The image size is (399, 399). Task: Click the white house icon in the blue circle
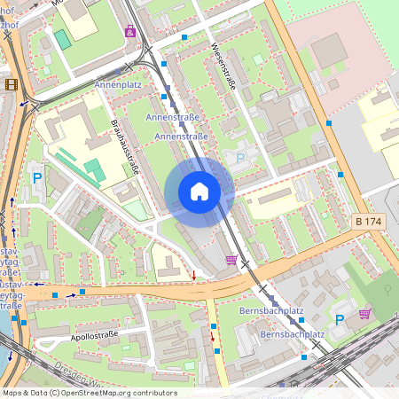[x=199, y=192]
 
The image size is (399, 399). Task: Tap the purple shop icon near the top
[x=131, y=31]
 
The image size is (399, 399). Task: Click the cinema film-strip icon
[x=11, y=85]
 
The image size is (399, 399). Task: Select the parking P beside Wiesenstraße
[x=240, y=158]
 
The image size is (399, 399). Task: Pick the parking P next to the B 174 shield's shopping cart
[x=339, y=319]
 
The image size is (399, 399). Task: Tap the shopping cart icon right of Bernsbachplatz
[x=364, y=313]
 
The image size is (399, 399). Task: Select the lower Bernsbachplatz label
[x=292, y=335]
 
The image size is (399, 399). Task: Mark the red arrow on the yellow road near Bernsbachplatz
[x=213, y=335]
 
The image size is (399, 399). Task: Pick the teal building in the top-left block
[x=62, y=39]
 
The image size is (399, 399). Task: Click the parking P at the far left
[x=37, y=178]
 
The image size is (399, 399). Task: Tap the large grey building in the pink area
[x=330, y=51]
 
